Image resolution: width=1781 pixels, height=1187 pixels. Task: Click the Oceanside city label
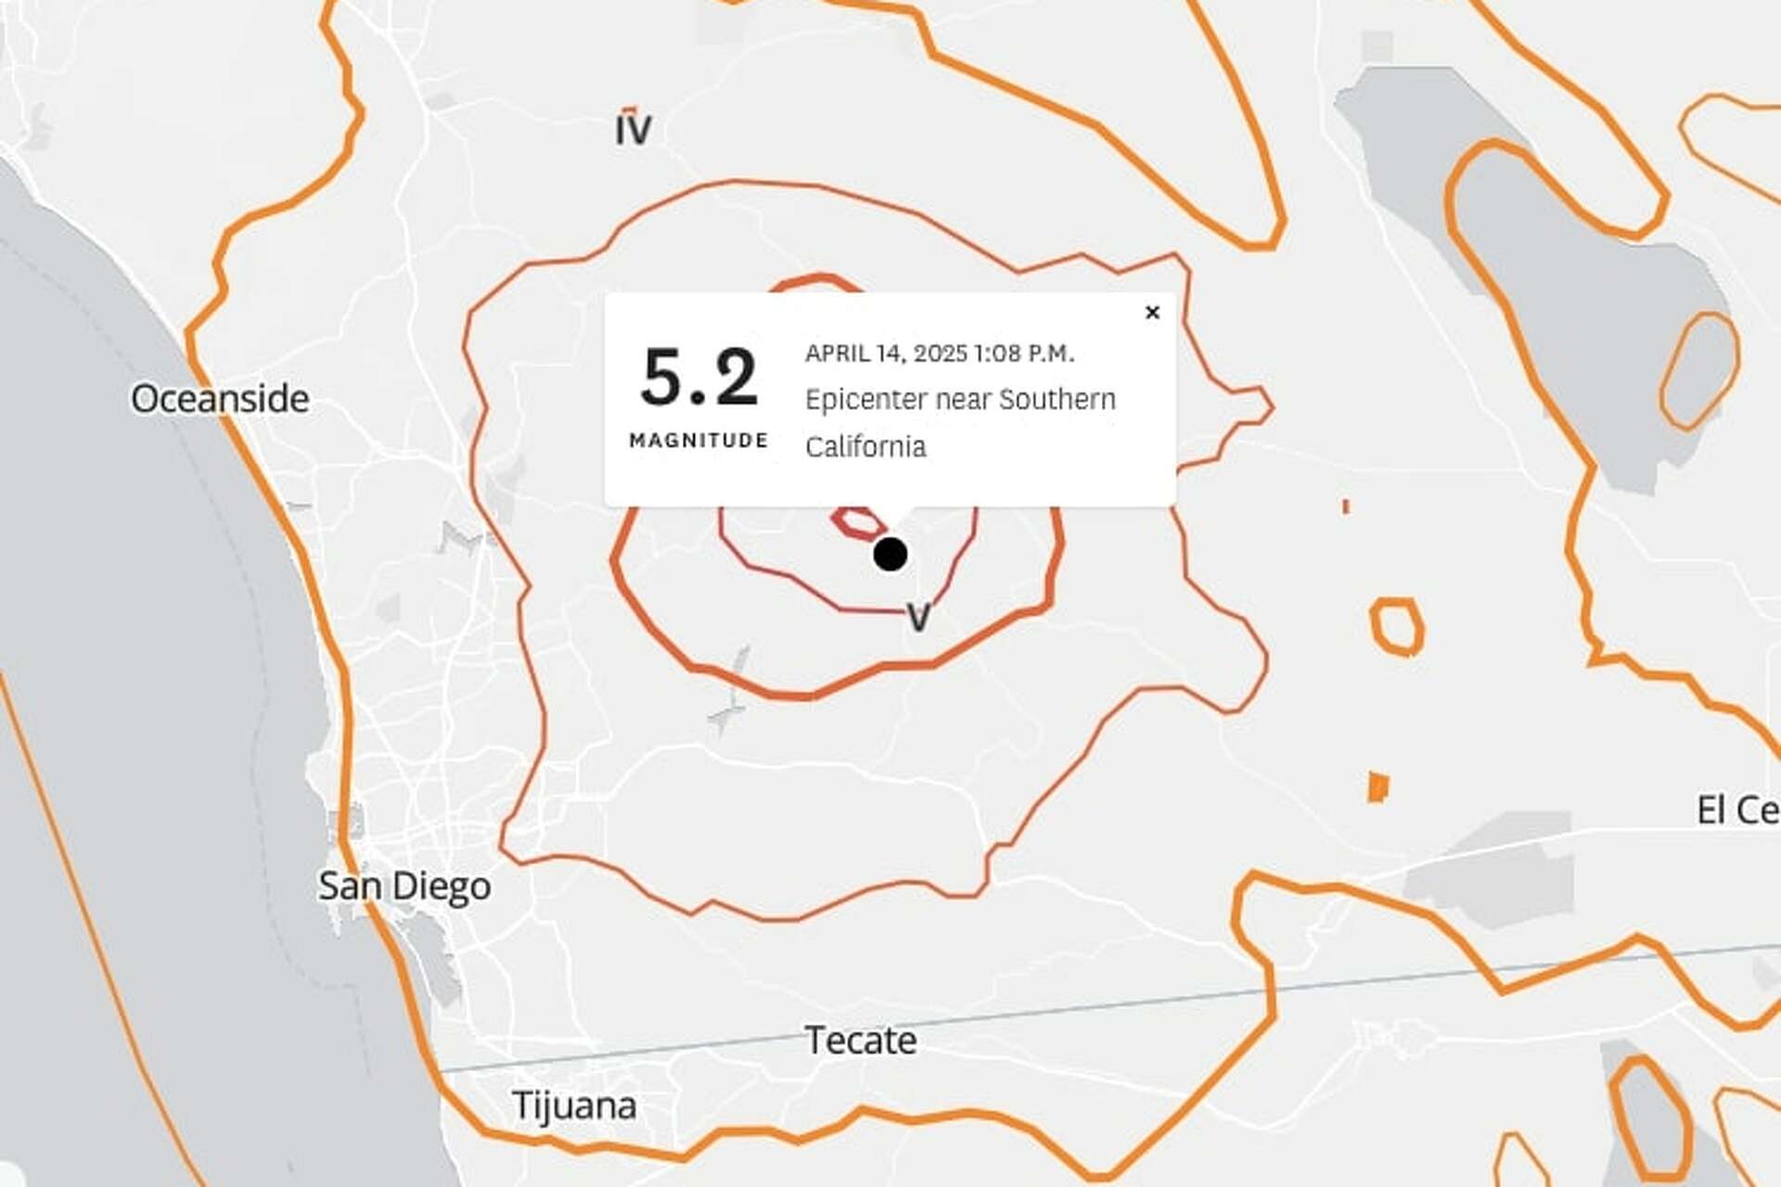click(x=220, y=399)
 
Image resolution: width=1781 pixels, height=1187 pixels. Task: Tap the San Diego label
click(x=404, y=886)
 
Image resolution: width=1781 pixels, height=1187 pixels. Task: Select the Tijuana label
click(x=574, y=1105)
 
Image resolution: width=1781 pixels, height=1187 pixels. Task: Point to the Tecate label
click(x=861, y=1040)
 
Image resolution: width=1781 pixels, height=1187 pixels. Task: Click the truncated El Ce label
click(x=1737, y=810)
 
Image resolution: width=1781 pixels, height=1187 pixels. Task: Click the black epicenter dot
click(x=890, y=554)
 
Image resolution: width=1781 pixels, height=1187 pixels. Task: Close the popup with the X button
click(x=1152, y=313)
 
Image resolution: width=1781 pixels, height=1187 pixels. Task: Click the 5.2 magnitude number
click(x=699, y=377)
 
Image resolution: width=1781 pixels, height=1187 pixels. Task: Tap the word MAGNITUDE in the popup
click(x=698, y=440)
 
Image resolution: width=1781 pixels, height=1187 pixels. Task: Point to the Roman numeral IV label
click(x=634, y=128)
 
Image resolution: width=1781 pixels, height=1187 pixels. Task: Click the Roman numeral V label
click(x=918, y=617)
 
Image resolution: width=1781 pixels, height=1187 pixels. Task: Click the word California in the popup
click(x=865, y=446)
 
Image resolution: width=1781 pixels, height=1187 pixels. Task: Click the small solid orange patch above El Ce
click(x=1378, y=787)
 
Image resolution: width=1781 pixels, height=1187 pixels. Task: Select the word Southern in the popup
click(x=1057, y=400)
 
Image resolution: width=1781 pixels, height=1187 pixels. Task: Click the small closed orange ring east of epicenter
click(x=1396, y=627)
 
